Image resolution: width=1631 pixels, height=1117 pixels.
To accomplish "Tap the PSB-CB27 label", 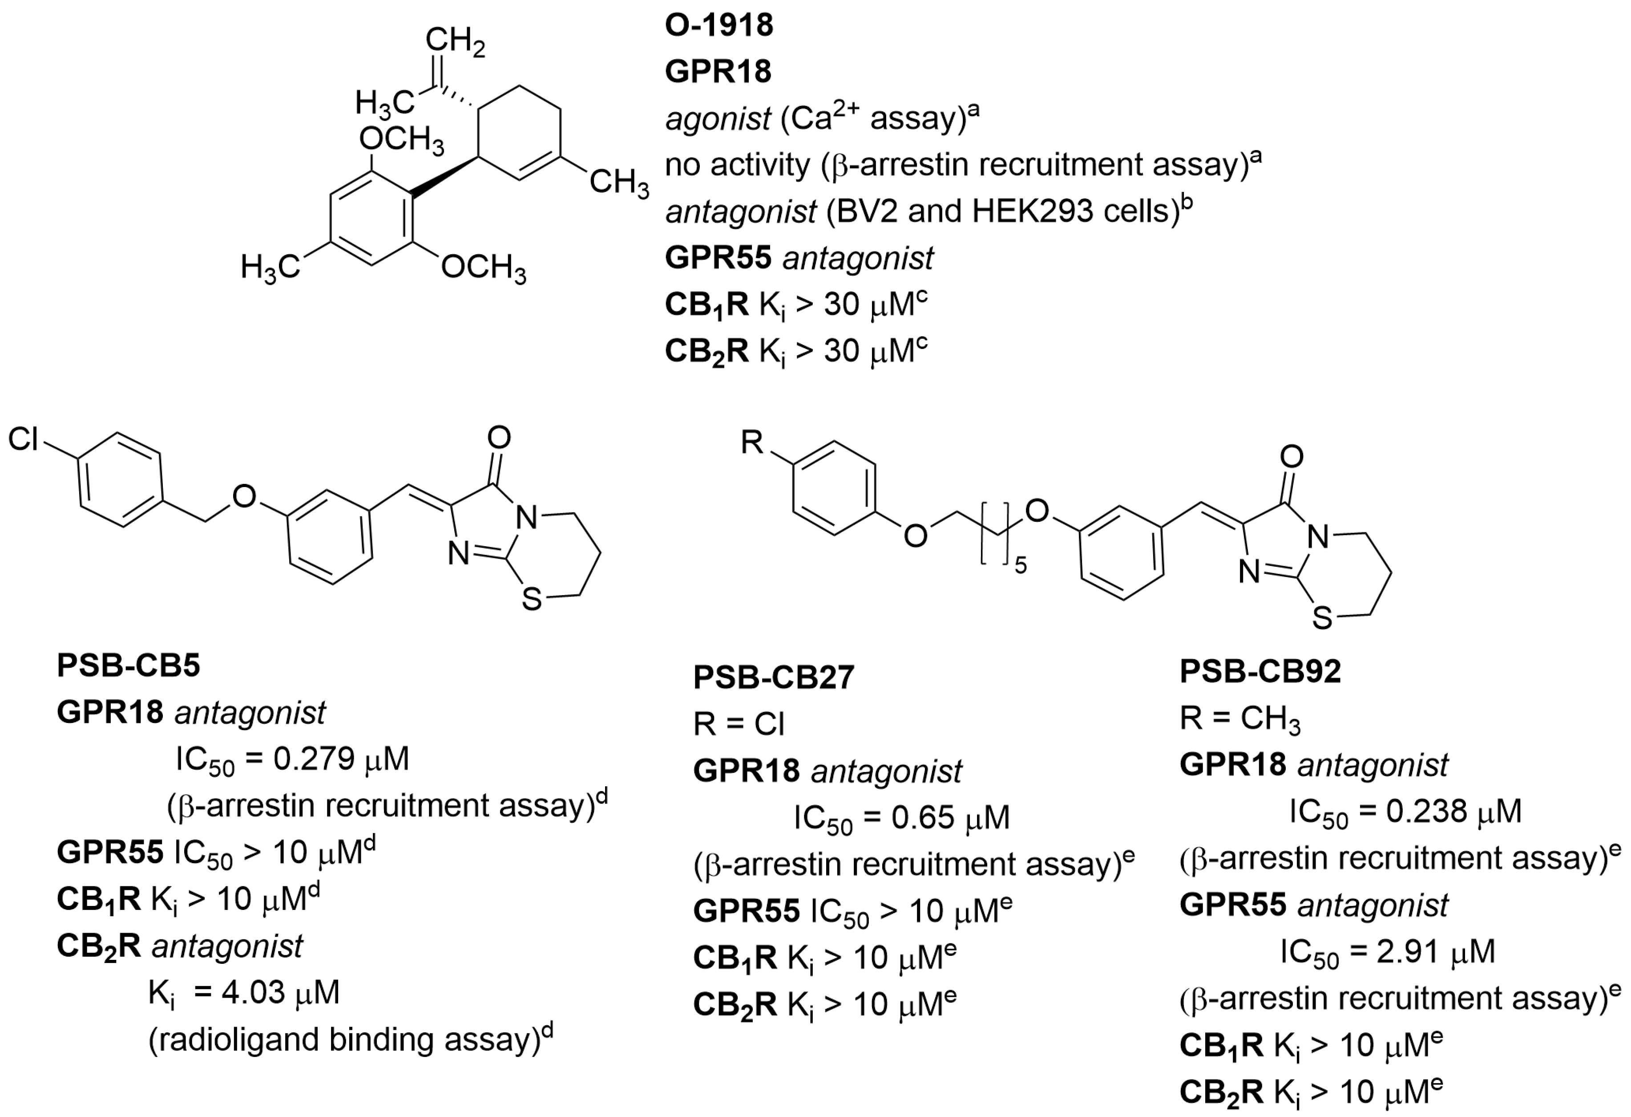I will tap(773, 678).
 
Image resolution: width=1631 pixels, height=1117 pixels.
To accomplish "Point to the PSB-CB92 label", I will tap(1260, 671).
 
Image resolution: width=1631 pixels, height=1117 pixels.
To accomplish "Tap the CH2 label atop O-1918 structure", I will tap(455, 41).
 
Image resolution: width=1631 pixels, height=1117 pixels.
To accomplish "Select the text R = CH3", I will tap(1239, 718).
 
